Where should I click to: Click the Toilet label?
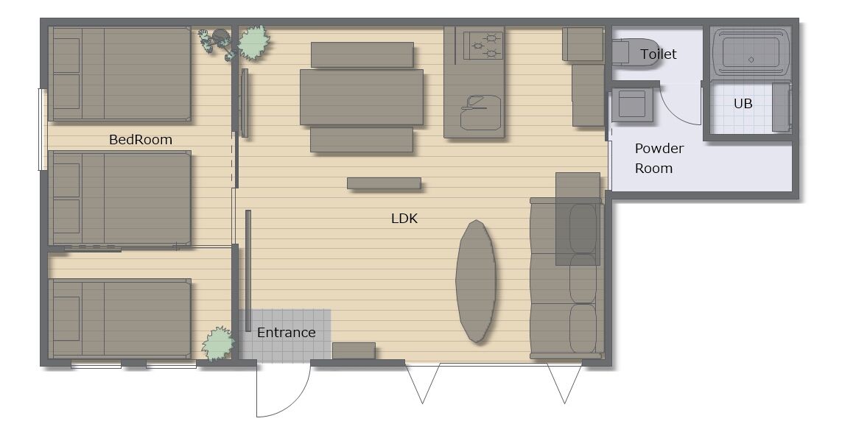point(659,54)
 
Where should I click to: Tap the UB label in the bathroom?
point(743,104)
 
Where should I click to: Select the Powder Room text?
point(659,158)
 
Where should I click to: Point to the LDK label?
point(404,219)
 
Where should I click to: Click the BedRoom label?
point(141,140)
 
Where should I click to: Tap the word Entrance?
point(287,333)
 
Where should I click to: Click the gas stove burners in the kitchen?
point(483,46)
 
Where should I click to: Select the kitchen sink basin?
point(480,113)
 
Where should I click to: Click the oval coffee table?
point(476,281)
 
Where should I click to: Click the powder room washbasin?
point(631,104)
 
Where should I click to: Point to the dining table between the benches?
point(362,97)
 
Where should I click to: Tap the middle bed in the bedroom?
point(120,198)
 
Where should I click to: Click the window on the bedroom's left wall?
point(43,130)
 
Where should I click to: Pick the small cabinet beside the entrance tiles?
point(354,351)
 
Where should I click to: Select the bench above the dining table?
point(362,54)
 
